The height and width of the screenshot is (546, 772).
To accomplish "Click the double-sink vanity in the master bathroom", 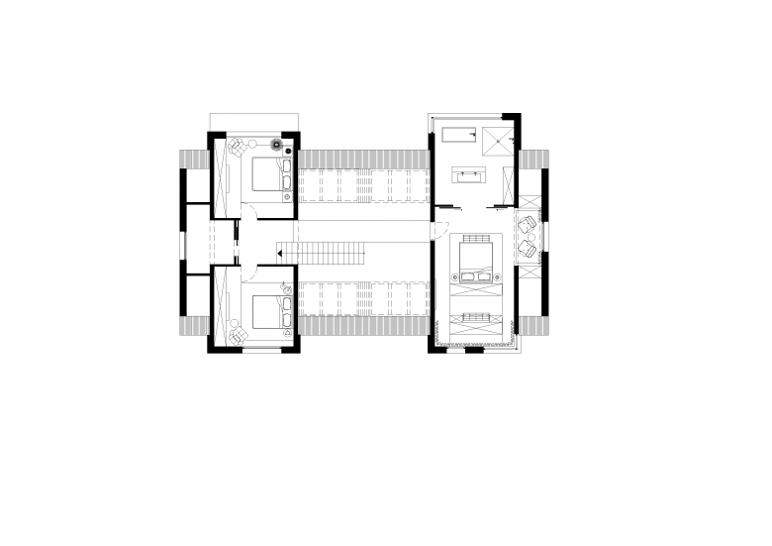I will tap(468, 175).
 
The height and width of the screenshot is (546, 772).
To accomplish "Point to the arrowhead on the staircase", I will tap(280, 255).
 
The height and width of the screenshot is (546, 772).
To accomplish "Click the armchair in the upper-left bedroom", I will tap(238, 148).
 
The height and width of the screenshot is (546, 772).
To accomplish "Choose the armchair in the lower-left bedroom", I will tap(238, 335).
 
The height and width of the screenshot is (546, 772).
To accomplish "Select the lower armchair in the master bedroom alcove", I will tap(528, 248).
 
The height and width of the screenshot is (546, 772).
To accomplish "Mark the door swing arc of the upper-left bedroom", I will tap(252, 211).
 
